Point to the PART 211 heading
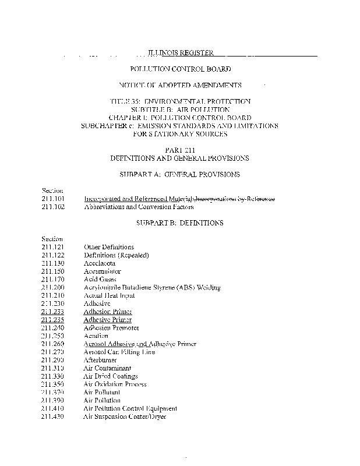tap(179, 150)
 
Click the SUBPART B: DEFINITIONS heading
tap(179, 223)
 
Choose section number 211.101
tap(53, 199)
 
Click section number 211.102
tap(53, 207)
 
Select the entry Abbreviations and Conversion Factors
tap(139, 207)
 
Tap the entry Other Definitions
tap(109, 247)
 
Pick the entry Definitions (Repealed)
tap(117, 255)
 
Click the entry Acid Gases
tap(100, 280)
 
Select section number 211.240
tap(53, 328)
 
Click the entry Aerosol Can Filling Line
tap(119, 352)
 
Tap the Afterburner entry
tap(101, 360)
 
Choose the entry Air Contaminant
tap(107, 368)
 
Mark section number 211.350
tap(53, 384)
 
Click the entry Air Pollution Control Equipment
tap(130, 408)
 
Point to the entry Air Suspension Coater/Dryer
tap(125, 416)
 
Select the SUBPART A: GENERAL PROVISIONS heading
tap(179, 174)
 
